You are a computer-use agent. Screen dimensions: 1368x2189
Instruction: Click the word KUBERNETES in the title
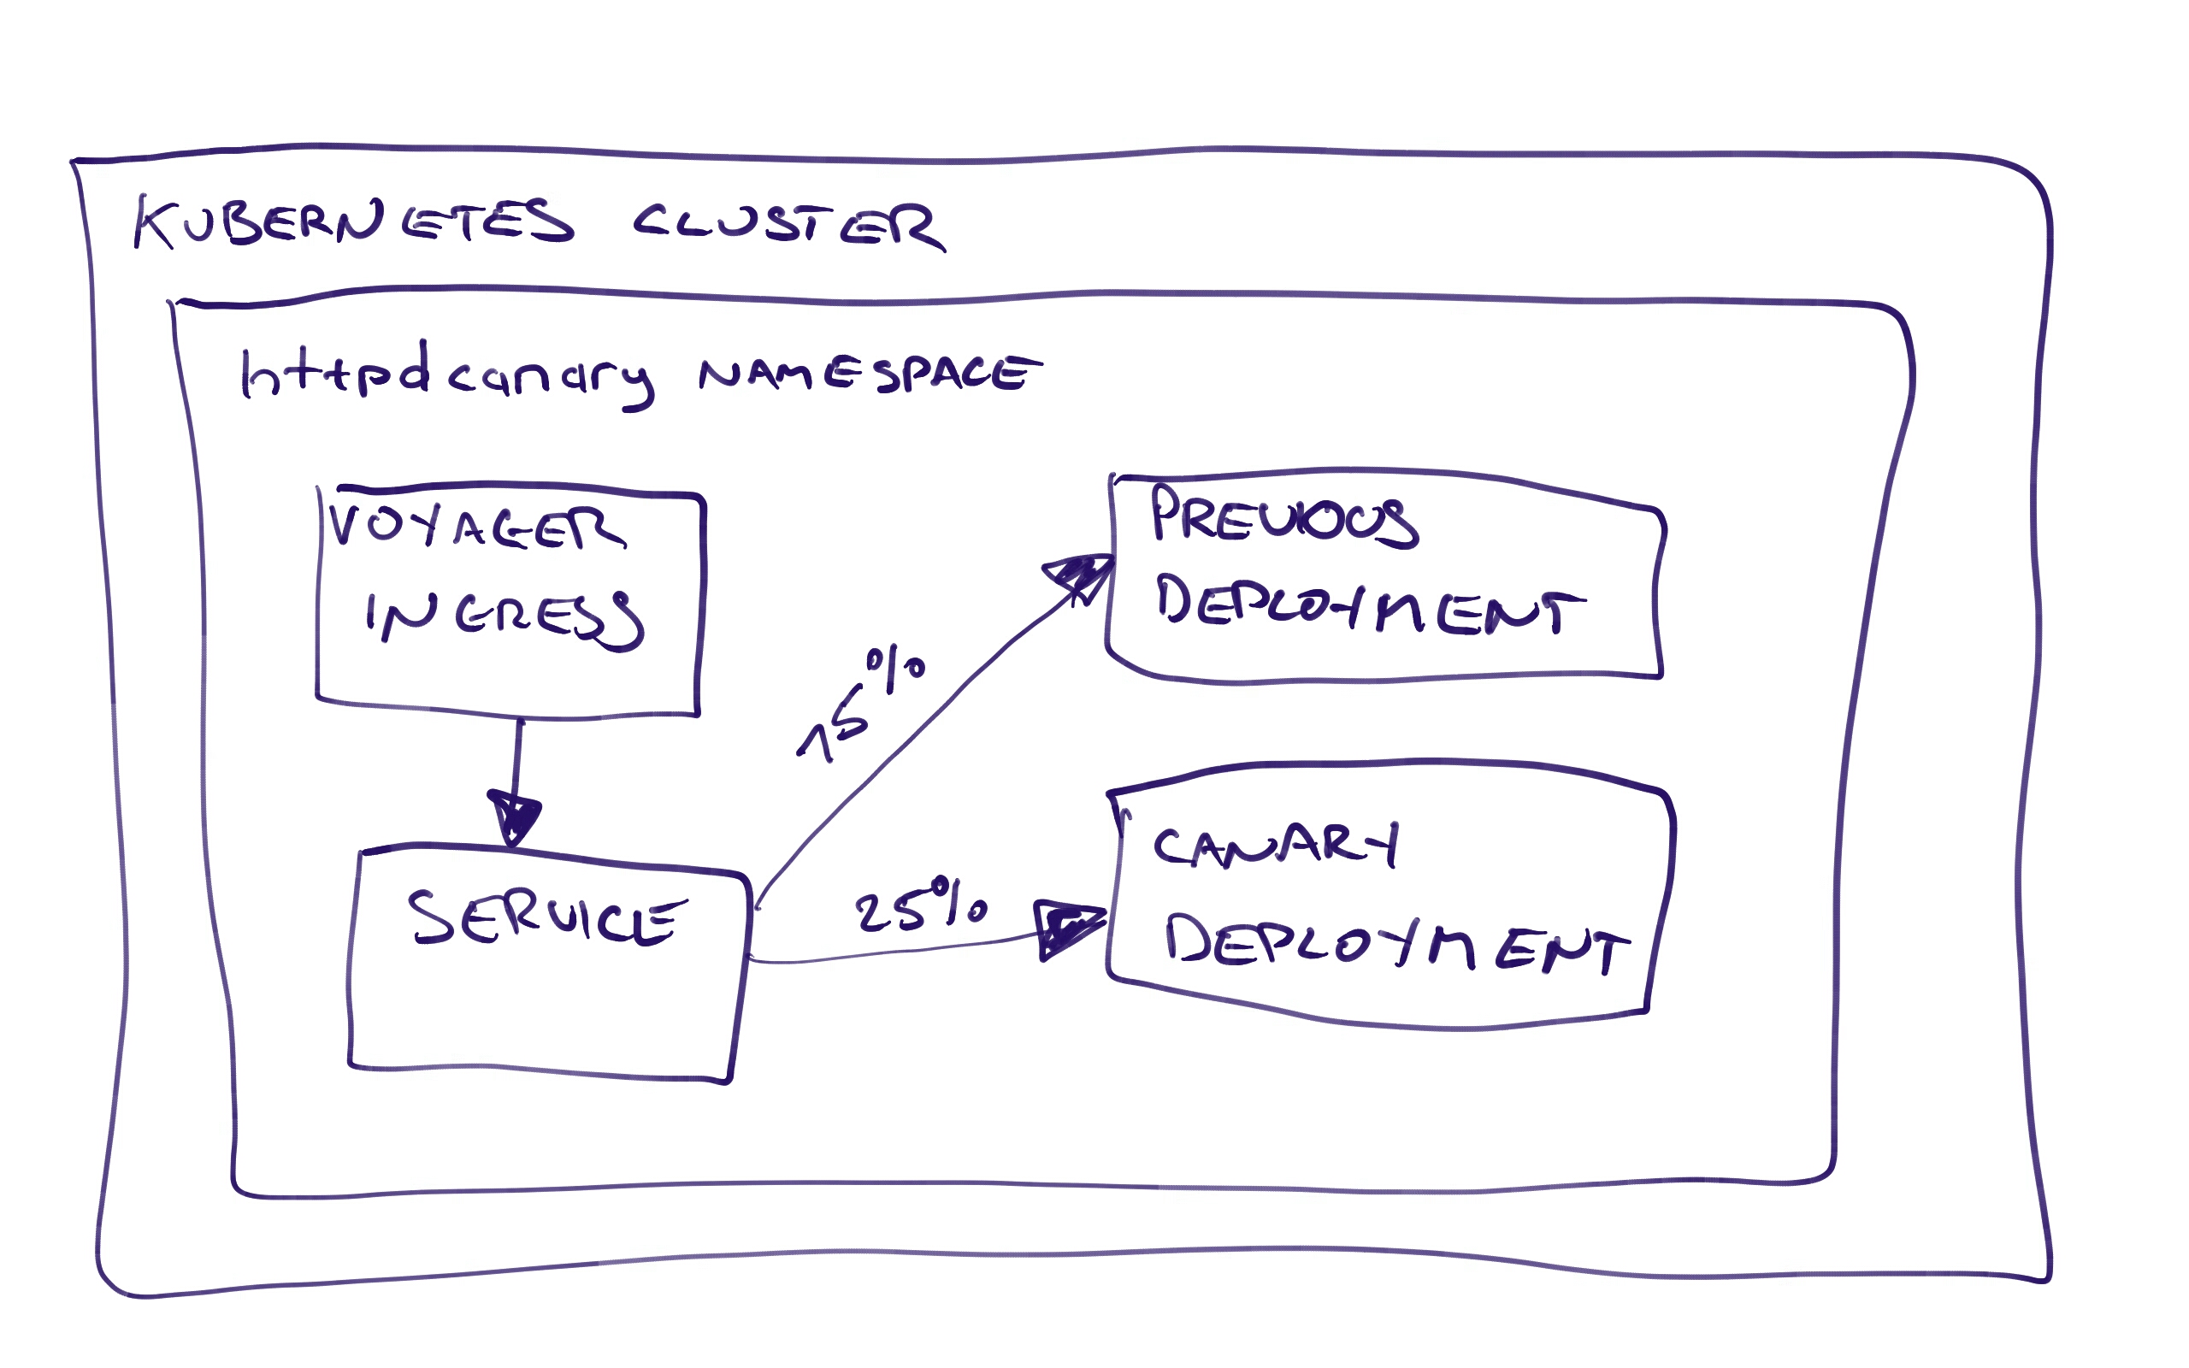353,222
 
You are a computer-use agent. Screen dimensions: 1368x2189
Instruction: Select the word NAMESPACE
869,373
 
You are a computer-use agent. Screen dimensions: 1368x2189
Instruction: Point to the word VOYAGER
475,527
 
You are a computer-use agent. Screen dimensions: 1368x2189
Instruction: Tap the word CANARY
1276,846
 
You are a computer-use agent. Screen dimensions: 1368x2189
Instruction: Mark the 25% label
921,905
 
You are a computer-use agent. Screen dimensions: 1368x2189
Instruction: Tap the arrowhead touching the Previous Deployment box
1080,574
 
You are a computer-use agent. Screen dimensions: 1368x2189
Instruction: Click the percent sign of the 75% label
895,667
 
